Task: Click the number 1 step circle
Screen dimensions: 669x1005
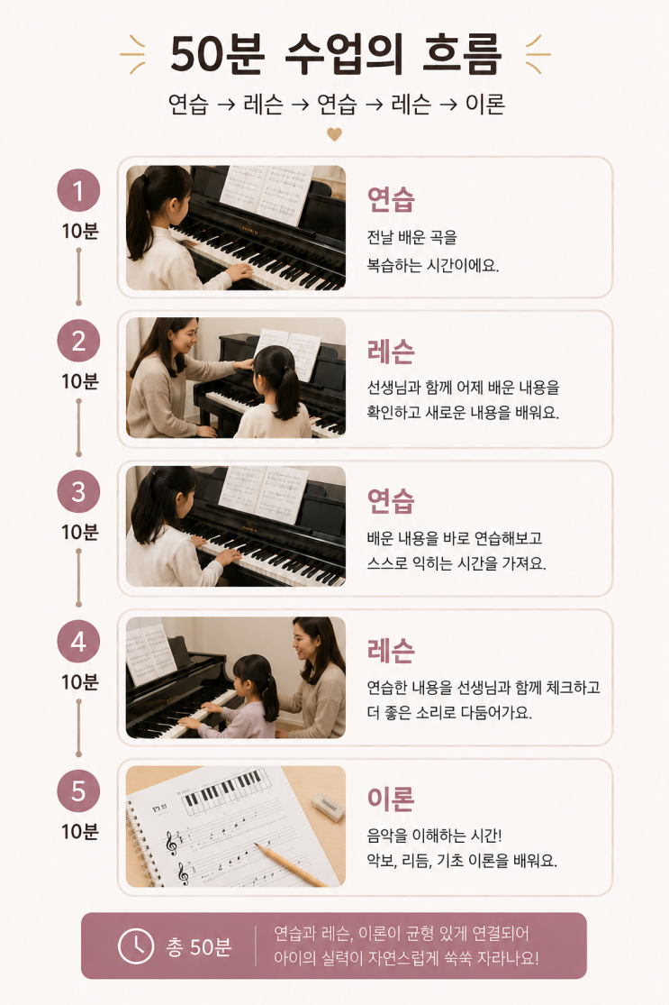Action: point(78,190)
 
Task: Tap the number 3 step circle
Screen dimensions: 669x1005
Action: point(78,491)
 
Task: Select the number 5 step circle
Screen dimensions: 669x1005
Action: point(78,790)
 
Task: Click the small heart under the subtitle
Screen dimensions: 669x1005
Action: point(334,134)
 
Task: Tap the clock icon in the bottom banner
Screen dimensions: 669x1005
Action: point(136,946)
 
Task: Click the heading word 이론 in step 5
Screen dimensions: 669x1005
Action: point(391,799)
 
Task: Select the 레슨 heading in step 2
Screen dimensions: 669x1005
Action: point(391,352)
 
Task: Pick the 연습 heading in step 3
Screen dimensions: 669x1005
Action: point(391,500)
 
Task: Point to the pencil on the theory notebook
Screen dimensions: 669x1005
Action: point(292,865)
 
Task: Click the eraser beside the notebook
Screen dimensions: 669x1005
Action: point(328,806)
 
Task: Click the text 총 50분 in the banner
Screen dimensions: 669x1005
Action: point(198,946)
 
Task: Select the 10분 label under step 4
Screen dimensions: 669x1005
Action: point(79,681)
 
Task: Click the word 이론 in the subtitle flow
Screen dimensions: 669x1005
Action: point(484,103)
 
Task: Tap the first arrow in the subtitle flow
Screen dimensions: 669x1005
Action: point(226,105)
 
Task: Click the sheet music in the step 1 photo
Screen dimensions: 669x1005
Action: point(266,194)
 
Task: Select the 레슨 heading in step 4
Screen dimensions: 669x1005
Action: point(391,651)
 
